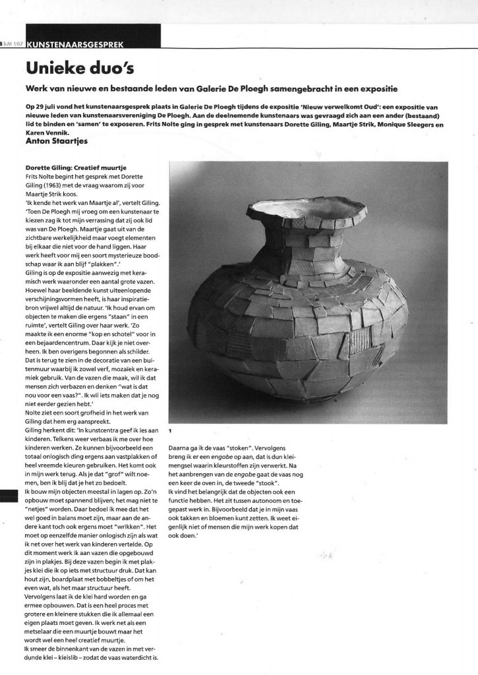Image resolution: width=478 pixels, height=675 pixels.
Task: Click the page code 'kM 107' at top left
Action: (14, 44)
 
